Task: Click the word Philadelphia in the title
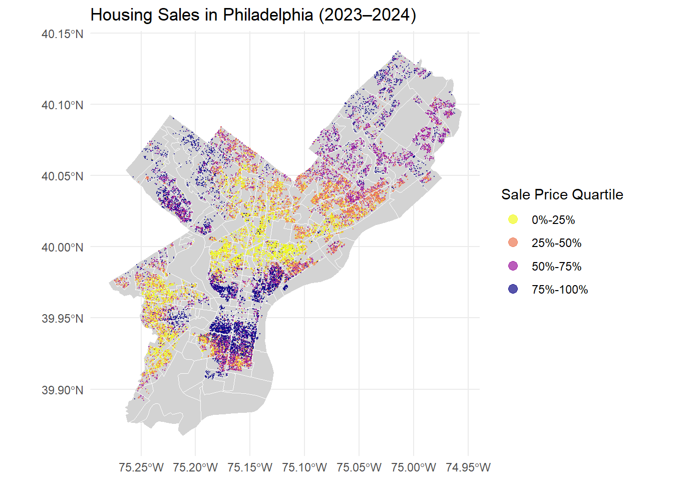click(268, 15)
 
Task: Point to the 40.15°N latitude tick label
click(63, 34)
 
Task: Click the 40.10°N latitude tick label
click(63, 105)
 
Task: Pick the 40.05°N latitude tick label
click(63, 176)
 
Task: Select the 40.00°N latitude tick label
click(63, 248)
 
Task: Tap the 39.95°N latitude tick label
click(63, 319)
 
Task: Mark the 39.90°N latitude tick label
click(63, 390)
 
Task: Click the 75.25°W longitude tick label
click(141, 467)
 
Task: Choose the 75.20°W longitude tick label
click(195, 467)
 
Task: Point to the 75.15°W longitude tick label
click(250, 467)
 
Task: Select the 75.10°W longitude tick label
click(304, 467)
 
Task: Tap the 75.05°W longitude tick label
click(359, 467)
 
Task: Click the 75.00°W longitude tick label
click(414, 467)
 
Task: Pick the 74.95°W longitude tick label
click(468, 467)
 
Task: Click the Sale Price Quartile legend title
click(562, 195)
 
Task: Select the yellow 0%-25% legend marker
click(513, 219)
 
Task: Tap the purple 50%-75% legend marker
click(513, 266)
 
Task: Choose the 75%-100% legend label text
click(559, 290)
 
